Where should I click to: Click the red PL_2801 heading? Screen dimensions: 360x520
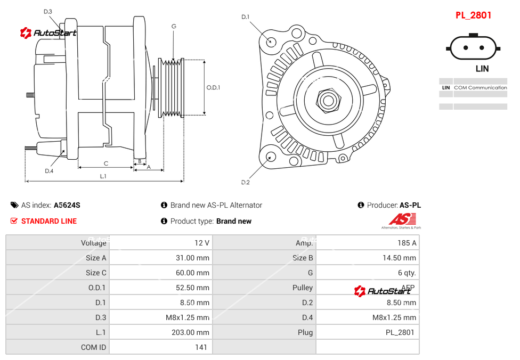click(473, 15)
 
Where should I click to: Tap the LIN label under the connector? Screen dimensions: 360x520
click(482, 69)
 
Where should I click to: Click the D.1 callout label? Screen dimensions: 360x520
click(246, 17)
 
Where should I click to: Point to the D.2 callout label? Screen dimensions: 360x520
click(246, 183)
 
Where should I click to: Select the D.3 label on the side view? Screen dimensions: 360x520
click(47, 11)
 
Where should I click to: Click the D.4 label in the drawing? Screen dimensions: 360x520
click(49, 171)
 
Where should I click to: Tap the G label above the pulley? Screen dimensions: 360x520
click(174, 26)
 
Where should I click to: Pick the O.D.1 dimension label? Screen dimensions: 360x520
click(213, 87)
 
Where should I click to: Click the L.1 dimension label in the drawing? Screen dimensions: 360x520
click(103, 176)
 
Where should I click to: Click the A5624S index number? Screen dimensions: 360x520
click(67, 205)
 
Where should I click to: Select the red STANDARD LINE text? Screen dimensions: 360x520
click(48, 221)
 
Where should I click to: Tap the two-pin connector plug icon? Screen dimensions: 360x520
click(474, 47)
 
